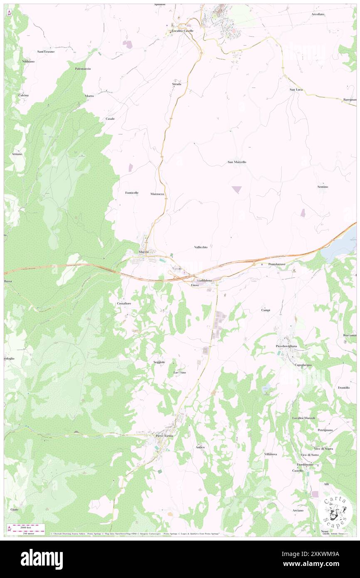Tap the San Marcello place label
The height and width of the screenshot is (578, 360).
pyautogui.click(x=237, y=162)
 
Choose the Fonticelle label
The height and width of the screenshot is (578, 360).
pyautogui.click(x=132, y=193)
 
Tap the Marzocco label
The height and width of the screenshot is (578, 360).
pyautogui.click(x=158, y=194)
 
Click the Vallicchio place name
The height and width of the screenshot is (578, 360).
pyautogui.click(x=201, y=247)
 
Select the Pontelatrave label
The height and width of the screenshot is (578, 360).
pyautogui.click(x=277, y=264)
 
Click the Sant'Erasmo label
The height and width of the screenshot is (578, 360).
pyautogui.click(x=46, y=52)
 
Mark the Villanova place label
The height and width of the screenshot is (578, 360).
pyautogui.click(x=271, y=454)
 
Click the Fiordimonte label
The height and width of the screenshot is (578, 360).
pyautogui.click(x=308, y=464)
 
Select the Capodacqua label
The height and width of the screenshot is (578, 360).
pyautogui.click(x=303, y=365)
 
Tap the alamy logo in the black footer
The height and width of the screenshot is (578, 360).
pyautogui.click(x=42, y=559)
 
